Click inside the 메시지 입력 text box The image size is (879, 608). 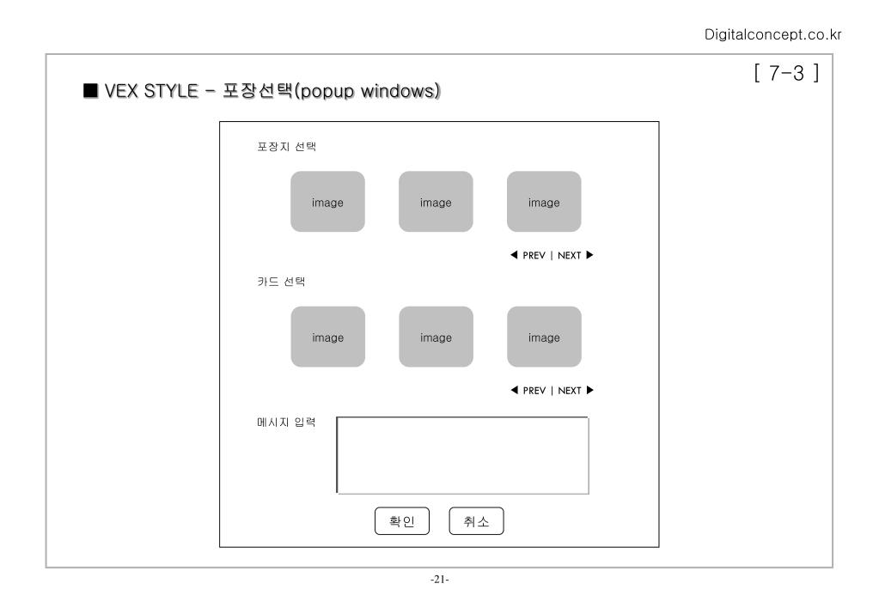point(462,456)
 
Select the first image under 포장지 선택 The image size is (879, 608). point(327,202)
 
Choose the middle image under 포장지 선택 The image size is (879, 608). point(436,202)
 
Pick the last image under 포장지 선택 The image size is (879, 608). point(544,202)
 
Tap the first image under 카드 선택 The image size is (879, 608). point(327,337)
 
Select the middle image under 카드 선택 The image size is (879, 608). point(436,337)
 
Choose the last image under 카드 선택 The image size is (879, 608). point(544,337)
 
